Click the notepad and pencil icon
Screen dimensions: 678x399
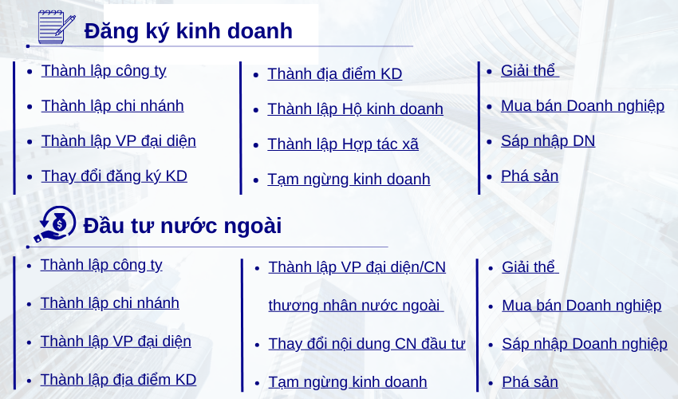[57, 27]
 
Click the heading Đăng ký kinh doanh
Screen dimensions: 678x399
[188, 31]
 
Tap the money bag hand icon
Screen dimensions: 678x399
[55, 224]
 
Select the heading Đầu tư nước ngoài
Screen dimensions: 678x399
[182, 226]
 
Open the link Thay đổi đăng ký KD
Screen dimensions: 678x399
[114, 176]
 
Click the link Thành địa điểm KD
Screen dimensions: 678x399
[335, 74]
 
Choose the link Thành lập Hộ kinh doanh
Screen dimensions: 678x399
[356, 109]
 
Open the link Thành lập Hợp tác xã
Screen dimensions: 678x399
[343, 144]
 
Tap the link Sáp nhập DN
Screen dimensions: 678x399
[548, 141]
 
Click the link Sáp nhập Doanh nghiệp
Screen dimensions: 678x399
[585, 344]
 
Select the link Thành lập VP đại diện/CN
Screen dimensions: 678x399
[357, 267]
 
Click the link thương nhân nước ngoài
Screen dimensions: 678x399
[356, 306]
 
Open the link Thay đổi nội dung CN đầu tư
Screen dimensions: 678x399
[367, 344]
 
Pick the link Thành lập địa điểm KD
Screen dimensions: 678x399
[119, 380]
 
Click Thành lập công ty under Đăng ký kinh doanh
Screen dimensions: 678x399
[104, 71]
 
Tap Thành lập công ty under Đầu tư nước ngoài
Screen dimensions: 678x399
[101, 265]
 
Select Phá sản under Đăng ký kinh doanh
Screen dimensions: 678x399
[530, 176]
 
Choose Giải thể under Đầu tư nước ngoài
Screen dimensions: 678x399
[530, 267]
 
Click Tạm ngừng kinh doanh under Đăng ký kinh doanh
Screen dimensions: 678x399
[349, 180]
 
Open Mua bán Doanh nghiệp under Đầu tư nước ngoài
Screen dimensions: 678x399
[581, 306]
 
